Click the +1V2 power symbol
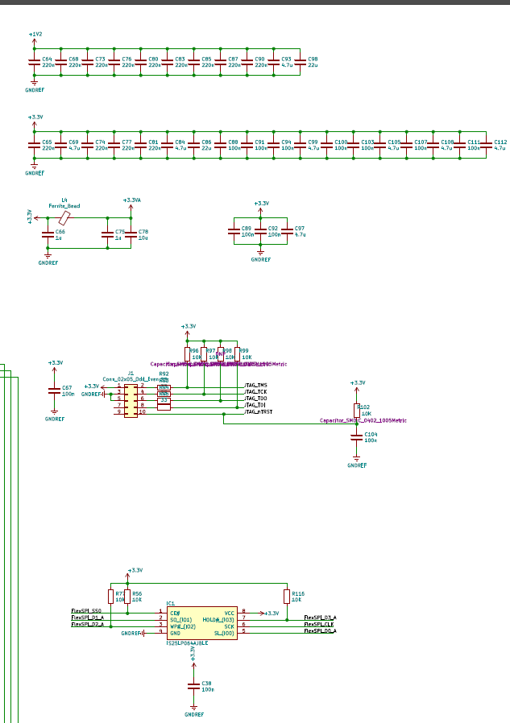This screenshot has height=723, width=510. [35, 35]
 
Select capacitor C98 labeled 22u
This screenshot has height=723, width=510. [301, 62]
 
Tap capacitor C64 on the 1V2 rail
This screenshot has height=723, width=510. [35, 62]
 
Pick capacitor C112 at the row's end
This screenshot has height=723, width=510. [487, 144]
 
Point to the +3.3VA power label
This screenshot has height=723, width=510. [131, 200]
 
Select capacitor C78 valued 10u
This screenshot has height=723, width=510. [131, 234]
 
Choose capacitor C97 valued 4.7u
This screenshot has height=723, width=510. [287, 231]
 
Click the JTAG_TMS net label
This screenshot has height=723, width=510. [256, 386]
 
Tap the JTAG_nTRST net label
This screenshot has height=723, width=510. [259, 411]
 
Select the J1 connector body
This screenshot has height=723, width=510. [131, 399]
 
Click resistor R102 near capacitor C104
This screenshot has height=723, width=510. [357, 411]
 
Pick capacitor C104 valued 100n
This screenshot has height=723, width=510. [357, 437]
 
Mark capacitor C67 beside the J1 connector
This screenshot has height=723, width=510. [55, 391]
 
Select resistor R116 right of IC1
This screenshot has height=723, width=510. [287, 596]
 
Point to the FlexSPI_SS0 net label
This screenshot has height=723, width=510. [86, 611]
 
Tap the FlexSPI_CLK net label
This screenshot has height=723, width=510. [319, 625]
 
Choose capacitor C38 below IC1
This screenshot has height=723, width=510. [193, 686]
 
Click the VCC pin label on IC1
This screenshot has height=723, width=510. [229, 613]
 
